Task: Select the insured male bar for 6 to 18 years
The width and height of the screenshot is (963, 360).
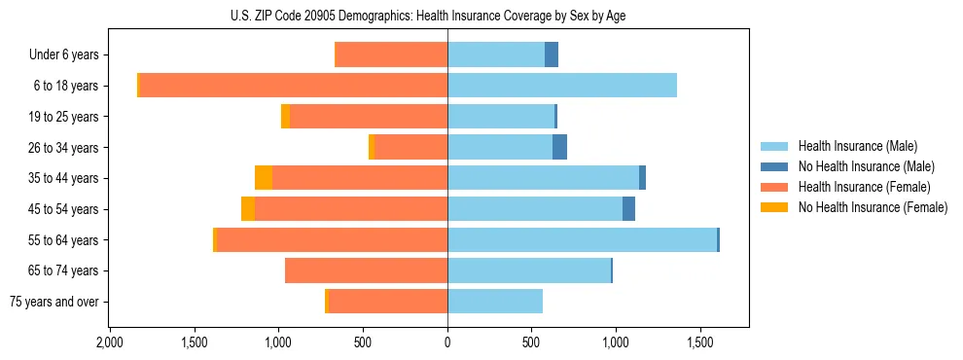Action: [562, 86]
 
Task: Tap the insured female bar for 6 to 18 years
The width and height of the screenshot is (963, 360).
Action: [293, 86]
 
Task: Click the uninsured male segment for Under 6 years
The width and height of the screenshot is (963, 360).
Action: [552, 54]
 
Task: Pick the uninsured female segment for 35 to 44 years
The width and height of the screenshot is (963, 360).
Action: [264, 178]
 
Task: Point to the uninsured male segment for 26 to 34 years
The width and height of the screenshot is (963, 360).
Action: [559, 147]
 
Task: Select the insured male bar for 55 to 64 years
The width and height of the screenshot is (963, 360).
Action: [582, 239]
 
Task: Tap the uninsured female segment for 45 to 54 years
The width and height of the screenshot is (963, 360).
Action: [248, 209]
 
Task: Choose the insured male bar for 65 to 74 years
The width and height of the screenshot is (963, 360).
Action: [529, 270]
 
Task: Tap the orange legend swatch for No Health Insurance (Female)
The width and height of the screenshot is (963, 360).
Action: [775, 207]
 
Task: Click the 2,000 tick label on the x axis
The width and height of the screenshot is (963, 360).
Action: [110, 343]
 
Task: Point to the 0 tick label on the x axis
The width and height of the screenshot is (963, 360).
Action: [447, 343]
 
